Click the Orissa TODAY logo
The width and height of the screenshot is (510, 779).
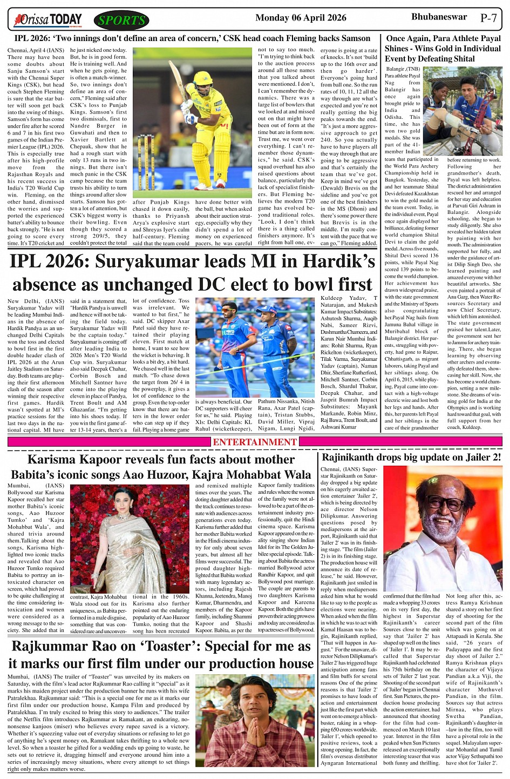tap(49, 21)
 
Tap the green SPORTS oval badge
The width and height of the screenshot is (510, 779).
tap(121, 21)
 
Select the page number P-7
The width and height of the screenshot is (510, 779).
tap(488, 18)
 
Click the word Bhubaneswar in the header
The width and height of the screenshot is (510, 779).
tap(439, 17)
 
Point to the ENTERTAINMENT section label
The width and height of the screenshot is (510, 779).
tap(255, 442)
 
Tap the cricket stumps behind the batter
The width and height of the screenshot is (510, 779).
tap(146, 162)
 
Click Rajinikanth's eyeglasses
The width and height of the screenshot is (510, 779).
tap(444, 502)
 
